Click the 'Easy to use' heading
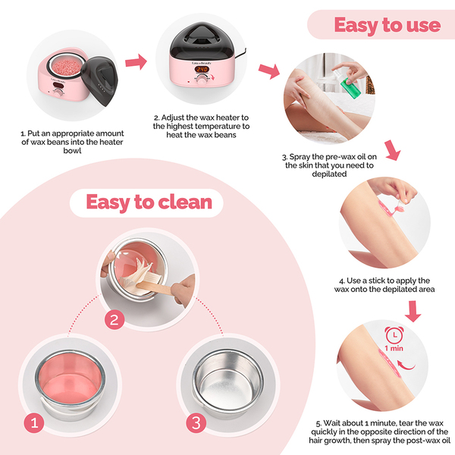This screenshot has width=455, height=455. (x=387, y=25)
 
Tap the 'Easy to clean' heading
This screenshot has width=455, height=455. (x=149, y=202)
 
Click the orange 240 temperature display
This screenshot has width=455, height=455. (x=202, y=69)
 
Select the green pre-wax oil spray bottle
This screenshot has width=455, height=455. (x=350, y=86)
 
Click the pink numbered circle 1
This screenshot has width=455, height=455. (x=34, y=423)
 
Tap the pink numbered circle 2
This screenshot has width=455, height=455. (x=115, y=319)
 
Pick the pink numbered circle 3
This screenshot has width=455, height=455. (x=196, y=423)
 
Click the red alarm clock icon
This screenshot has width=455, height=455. (x=394, y=335)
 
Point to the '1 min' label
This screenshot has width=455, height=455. (x=394, y=348)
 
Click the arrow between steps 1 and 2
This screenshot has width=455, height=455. (x=136, y=62)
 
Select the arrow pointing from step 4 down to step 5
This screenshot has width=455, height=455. (x=413, y=311)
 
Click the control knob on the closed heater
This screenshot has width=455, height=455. (x=202, y=80)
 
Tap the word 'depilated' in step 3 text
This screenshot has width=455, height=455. (x=329, y=174)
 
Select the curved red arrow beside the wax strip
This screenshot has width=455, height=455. (x=406, y=366)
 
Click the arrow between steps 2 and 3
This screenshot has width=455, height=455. (x=269, y=71)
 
